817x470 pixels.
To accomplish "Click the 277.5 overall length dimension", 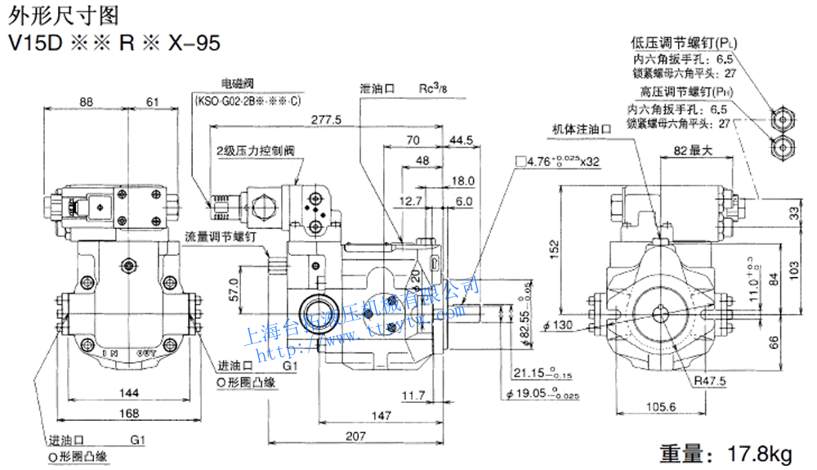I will coord(327,120).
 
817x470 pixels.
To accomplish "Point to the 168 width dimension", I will coord(128,414).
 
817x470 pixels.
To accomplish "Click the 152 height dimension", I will coord(555,245).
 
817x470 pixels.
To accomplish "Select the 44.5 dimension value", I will coord(461,140).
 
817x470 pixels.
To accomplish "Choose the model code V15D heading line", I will coord(114,43).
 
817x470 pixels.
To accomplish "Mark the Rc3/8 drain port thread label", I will coord(435,87).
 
